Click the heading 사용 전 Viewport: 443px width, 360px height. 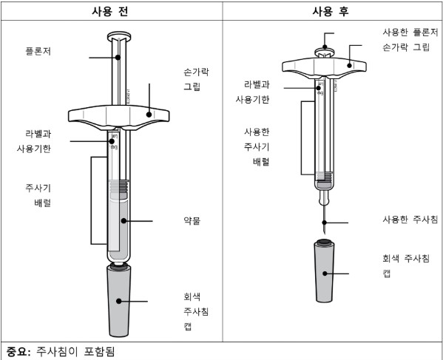(110, 12)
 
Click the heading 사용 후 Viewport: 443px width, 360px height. (331, 12)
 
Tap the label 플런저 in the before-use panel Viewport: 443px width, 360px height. (38, 52)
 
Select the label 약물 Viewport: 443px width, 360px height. (192, 220)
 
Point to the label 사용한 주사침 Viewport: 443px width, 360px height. (410, 220)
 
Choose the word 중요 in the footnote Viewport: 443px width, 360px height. (16, 352)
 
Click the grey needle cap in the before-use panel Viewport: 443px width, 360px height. (119, 300)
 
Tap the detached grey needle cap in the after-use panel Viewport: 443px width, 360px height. (325, 271)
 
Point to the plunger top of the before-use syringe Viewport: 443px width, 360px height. (119, 36)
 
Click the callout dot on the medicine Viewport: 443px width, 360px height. (124, 220)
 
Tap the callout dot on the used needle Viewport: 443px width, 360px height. (325, 223)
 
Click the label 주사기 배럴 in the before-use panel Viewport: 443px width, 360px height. (38, 195)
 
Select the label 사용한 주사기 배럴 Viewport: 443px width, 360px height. (257, 147)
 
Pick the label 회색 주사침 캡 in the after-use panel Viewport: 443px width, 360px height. (406, 265)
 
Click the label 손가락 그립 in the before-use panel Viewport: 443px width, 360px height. (197, 79)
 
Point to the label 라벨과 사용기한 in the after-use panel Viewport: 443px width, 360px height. (253, 92)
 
